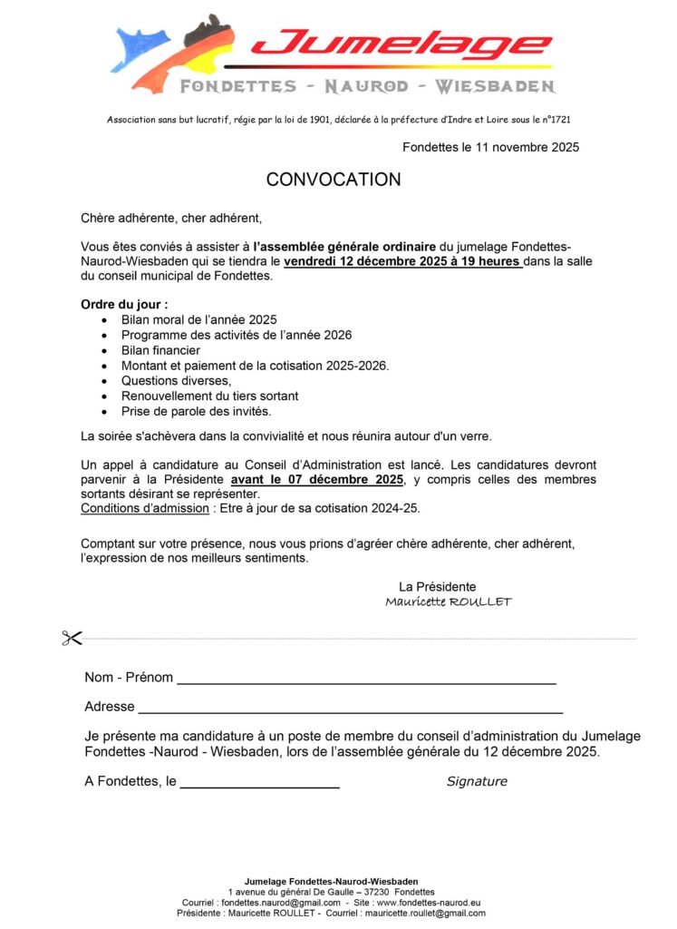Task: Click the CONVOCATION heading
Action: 334,180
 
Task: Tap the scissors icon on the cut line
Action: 73,638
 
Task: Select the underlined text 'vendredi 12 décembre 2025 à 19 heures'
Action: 402,261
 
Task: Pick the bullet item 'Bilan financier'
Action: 160,350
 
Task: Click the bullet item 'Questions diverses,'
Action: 177,381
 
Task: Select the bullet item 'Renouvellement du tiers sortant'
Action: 209,396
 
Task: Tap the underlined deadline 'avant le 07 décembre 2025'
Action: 316,479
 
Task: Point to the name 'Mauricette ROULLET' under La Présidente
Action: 448,601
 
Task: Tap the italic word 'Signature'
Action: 477,781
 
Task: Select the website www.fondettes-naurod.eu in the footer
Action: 428,903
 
